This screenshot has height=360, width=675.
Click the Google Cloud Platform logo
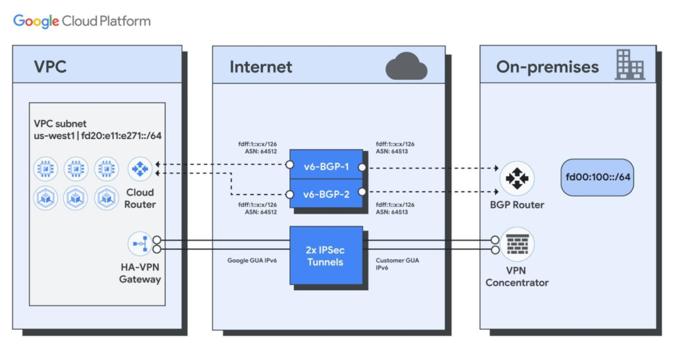tap(82, 21)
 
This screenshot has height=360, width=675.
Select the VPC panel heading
tap(50, 67)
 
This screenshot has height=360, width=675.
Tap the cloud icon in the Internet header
tap(406, 67)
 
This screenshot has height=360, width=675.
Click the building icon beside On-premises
tap(630, 65)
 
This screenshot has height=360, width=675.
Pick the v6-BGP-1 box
tap(326, 167)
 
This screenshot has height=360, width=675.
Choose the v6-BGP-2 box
tap(326, 195)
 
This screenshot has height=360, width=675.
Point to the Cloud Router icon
tap(139, 168)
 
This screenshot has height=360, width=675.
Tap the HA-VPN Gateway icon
tap(139, 243)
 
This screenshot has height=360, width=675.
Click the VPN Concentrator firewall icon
tap(517, 245)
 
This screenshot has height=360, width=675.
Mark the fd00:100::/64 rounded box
tap(597, 177)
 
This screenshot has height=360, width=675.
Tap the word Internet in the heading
tap(260, 67)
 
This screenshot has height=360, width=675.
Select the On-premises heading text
tap(547, 67)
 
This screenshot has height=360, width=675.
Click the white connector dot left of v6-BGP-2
tap(289, 195)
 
